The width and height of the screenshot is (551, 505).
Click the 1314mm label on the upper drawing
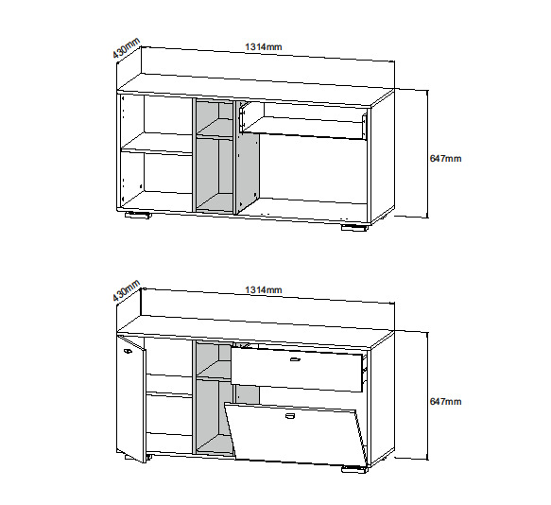click(x=263, y=46)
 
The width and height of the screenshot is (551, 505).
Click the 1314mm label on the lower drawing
click(x=263, y=289)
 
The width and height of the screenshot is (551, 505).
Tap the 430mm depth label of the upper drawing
click(x=126, y=48)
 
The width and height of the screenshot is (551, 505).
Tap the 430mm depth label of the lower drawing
click(x=126, y=291)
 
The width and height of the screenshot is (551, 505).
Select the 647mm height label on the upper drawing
click(x=445, y=159)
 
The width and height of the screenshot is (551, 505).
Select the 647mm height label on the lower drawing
click(x=445, y=402)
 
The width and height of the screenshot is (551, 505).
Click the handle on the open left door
click(x=127, y=351)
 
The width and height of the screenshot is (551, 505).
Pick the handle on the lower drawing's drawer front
click(x=295, y=359)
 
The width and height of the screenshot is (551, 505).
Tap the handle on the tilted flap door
click(x=290, y=416)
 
